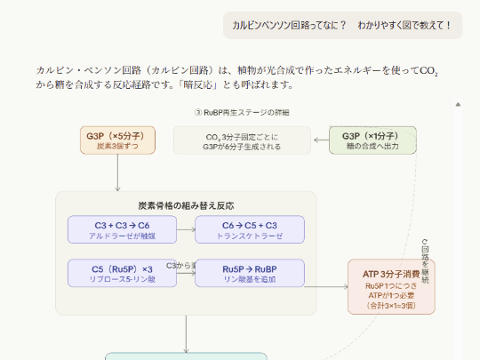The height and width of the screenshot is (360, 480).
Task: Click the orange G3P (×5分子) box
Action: (117, 140)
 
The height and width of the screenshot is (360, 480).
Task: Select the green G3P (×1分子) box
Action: (372, 140)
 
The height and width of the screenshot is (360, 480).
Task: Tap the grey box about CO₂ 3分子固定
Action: (242, 140)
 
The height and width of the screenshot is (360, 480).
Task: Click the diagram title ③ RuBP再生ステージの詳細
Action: (242, 113)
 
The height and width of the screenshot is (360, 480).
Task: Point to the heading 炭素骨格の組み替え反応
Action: (186, 204)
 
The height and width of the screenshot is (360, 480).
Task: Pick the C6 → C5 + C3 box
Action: (250, 229)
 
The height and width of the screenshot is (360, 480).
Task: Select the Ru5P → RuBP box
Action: (250, 274)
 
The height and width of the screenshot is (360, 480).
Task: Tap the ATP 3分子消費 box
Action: (391, 286)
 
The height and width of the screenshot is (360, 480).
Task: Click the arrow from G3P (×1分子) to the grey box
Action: (320, 140)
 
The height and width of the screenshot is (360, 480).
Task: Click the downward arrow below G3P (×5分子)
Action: (117, 172)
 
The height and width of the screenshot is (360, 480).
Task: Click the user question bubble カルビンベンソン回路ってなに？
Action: (342, 25)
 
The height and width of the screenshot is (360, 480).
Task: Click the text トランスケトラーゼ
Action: (250, 236)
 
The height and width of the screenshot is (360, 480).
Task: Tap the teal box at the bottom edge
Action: (186, 356)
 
